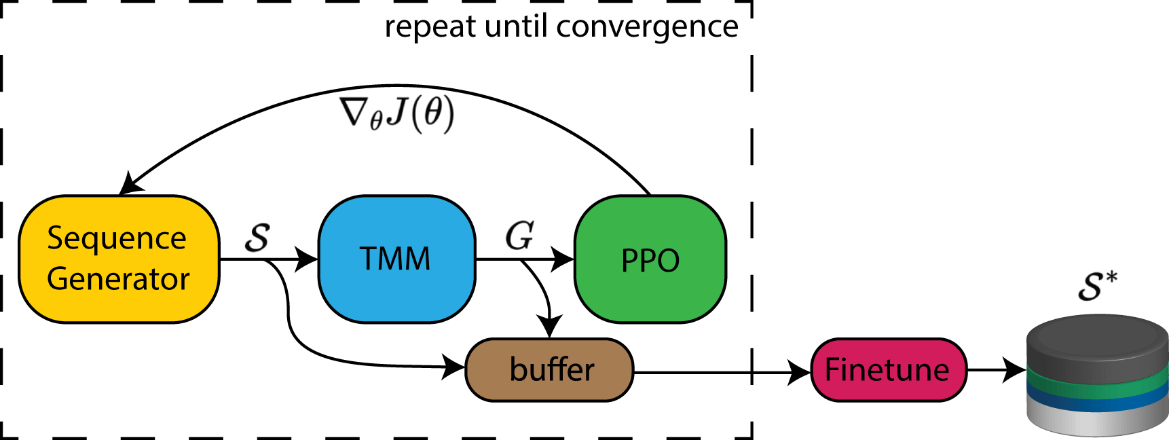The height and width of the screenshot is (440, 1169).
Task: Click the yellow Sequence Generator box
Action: tap(119, 259)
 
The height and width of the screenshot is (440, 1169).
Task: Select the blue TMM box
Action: tap(396, 259)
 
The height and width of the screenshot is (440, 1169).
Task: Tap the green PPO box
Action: tap(650, 259)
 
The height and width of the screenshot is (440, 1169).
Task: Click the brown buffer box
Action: tap(549, 370)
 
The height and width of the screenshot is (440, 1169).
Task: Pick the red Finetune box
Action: tap(888, 370)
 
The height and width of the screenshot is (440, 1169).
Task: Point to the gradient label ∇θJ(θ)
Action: tap(397, 113)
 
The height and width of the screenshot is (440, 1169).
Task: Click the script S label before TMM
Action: tap(257, 238)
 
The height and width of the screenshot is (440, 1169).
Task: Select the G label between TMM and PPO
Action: tap(519, 236)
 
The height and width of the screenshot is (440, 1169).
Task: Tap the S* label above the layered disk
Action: tap(1096, 285)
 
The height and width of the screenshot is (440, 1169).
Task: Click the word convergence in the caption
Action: tap(647, 27)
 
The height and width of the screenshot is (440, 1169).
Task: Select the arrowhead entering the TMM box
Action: tap(308, 259)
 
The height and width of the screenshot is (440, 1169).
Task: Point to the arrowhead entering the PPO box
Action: tap(563, 259)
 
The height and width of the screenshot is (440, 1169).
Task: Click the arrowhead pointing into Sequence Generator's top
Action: tap(129, 184)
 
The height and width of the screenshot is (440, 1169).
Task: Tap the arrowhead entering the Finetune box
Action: tap(800, 372)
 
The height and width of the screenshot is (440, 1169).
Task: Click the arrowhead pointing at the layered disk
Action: tap(1015, 370)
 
